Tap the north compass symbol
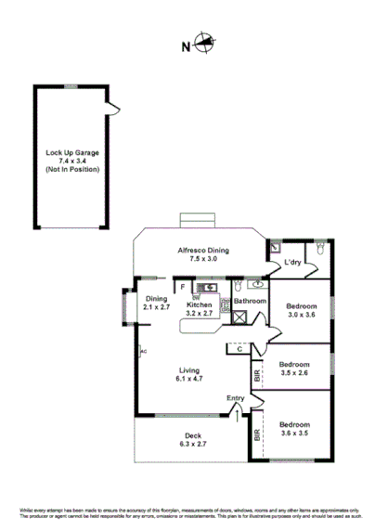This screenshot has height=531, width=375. pos(202,42)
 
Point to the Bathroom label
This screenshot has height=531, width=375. pos(250,302)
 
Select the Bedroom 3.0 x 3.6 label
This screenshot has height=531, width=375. pos(302,311)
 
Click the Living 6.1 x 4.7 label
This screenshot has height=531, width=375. pos(189,373)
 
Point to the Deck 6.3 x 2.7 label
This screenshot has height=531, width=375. pos(190,440)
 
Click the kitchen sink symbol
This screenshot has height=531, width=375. pos(210,287)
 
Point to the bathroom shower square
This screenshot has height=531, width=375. pos(239,317)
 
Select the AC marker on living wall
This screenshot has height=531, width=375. pos(144,351)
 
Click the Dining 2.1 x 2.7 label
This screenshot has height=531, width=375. pos(155,302)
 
